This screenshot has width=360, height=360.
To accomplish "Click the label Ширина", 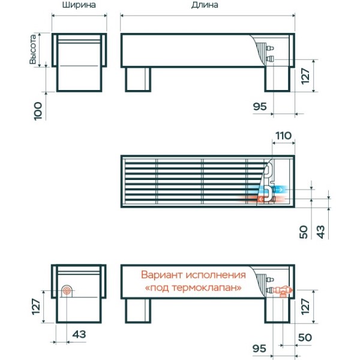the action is [x=79, y=5].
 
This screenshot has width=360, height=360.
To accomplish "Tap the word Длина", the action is [x=205, y=5].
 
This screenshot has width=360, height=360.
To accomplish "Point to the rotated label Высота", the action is [x=33, y=49].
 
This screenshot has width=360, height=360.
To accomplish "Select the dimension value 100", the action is [x=38, y=111].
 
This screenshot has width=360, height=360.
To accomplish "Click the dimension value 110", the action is [x=284, y=136].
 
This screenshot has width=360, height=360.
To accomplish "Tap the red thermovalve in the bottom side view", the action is [x=284, y=291].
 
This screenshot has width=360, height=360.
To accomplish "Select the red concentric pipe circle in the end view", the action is [x=67, y=291].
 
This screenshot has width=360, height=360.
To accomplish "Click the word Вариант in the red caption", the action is [x=161, y=275].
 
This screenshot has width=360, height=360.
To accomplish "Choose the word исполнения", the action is [x=215, y=275].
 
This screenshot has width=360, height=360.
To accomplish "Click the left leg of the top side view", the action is [x=138, y=79].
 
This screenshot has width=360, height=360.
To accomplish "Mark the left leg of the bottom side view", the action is [x=138, y=311].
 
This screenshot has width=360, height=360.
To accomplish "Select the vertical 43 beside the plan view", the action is [x=321, y=232].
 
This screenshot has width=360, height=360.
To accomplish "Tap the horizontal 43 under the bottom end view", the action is [x=79, y=334].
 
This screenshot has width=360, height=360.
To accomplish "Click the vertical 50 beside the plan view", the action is [x=304, y=232].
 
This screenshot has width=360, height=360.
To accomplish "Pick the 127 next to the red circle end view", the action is [x=36, y=306].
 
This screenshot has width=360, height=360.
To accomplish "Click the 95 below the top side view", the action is [x=260, y=107].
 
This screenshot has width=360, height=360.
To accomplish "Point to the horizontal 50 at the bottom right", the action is [x=305, y=337].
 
